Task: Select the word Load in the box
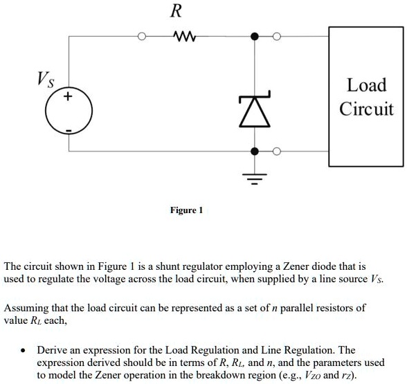click(366, 86)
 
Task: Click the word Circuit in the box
click(366, 109)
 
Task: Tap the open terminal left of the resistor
click(143, 35)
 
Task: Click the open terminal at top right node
click(278, 35)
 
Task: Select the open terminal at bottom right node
click(278, 150)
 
